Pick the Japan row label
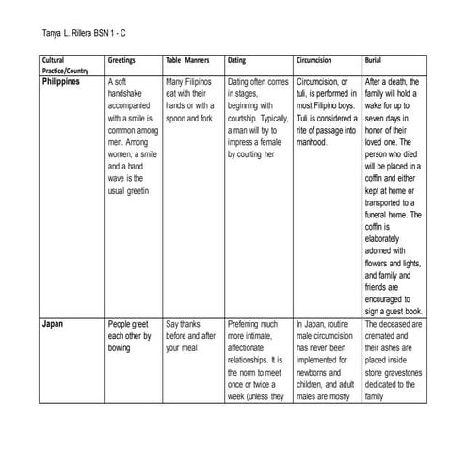click(x=53, y=322)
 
